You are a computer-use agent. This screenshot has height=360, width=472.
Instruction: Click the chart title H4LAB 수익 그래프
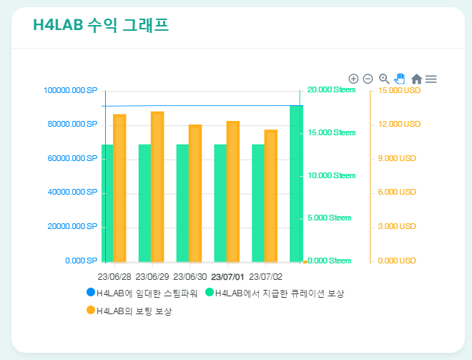[101, 26]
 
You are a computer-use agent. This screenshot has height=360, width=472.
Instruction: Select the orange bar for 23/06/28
[119, 188]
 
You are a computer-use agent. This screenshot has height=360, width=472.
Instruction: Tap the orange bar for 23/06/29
[157, 186]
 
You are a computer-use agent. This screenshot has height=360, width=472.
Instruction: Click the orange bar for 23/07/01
[233, 191]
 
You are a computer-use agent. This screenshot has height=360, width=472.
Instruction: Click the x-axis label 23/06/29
[152, 276]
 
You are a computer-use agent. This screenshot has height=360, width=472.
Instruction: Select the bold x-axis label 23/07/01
[227, 276]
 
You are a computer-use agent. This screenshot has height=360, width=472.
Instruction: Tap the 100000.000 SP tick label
[70, 91]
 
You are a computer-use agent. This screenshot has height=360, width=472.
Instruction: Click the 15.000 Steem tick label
[331, 133]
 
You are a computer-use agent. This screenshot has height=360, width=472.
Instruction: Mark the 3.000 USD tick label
[397, 227]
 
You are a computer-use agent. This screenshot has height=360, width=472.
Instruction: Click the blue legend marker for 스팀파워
[90, 293]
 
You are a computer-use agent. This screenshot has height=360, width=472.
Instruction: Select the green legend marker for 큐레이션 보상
[210, 293]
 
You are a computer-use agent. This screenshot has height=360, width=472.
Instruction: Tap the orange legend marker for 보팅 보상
[90, 311]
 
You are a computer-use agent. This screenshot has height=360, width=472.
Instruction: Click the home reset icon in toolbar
[416, 79]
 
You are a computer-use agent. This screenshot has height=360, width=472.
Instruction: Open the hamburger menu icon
[431, 79]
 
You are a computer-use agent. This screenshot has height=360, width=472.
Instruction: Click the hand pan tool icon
[400, 78]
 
